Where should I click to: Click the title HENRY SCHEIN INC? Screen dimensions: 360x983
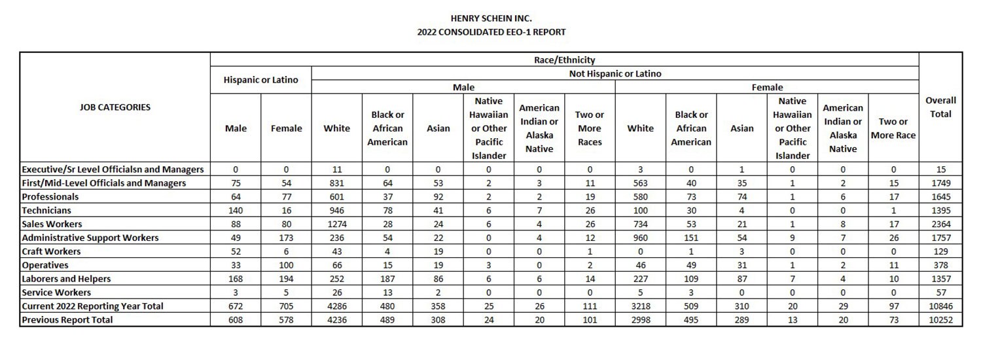(491, 18)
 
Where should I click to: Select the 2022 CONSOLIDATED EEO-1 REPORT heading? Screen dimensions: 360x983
(491, 31)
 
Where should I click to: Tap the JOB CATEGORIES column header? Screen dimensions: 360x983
(115, 107)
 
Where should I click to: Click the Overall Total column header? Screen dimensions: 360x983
(940, 107)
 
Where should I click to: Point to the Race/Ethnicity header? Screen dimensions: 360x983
(564, 60)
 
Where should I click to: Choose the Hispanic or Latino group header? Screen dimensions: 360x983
(260, 80)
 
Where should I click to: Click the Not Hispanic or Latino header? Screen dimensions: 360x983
(615, 74)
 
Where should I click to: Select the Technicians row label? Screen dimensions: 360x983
(46, 211)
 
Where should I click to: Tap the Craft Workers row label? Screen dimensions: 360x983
(51, 251)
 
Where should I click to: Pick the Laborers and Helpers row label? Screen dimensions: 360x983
(66, 279)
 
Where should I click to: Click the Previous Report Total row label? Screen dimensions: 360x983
(67, 320)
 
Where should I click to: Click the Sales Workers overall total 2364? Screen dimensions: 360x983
(940, 225)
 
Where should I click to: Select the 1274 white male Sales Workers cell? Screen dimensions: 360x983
(336, 225)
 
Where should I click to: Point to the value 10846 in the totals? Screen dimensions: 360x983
(940, 306)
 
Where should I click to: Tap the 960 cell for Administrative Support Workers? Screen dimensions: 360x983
(640, 238)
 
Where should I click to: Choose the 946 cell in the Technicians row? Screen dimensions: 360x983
(336, 211)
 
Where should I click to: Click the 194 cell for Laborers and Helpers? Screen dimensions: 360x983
(286, 279)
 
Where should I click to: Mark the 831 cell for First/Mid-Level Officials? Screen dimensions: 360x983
(336, 183)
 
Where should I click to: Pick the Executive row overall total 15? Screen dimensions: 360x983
(940, 170)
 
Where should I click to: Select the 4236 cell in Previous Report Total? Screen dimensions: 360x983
(336, 320)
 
